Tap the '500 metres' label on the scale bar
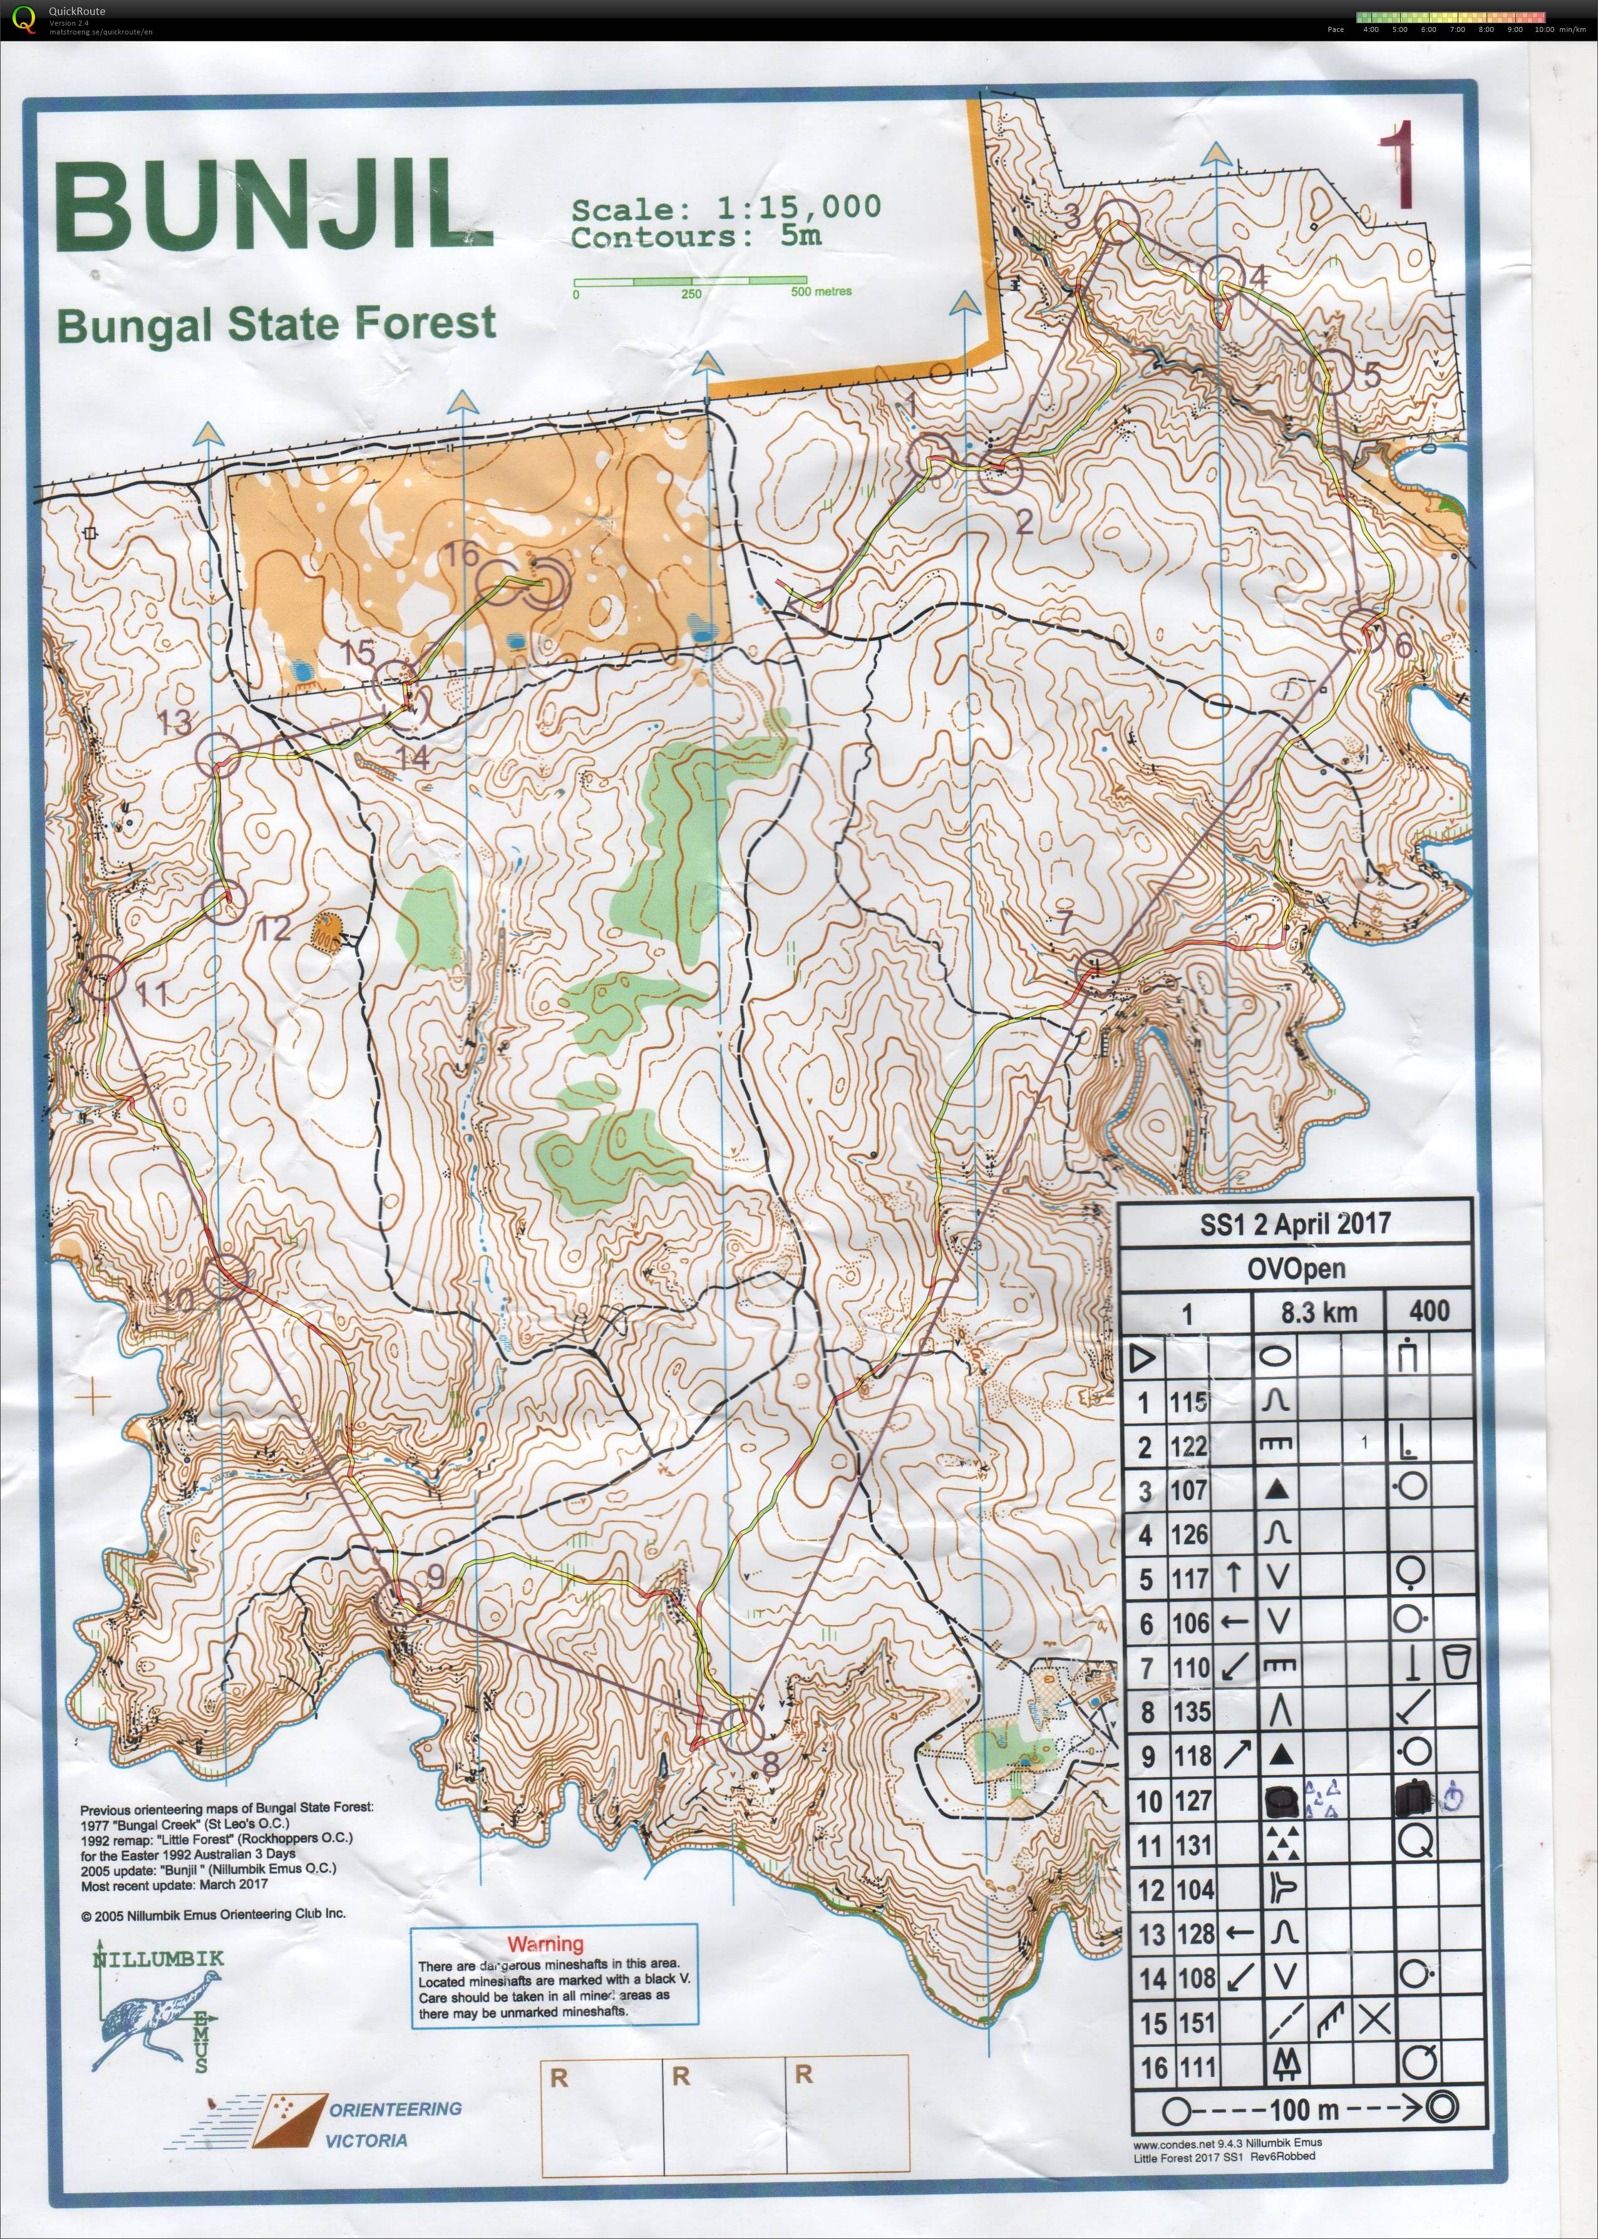click(x=821, y=291)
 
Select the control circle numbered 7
click(x=1098, y=970)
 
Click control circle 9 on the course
click(x=398, y=1602)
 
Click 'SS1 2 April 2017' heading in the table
click(x=1295, y=1224)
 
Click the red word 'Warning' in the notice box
click(x=545, y=1944)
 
